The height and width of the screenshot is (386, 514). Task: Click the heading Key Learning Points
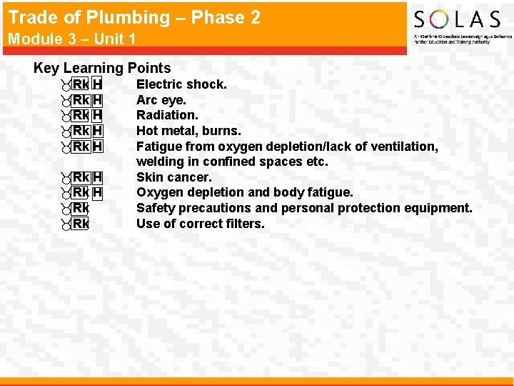tap(102, 68)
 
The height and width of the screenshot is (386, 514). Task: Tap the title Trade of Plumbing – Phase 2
tap(134, 17)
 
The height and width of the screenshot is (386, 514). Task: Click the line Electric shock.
tap(181, 84)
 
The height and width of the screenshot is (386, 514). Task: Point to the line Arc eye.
tap(161, 100)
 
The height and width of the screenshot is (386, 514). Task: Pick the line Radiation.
tap(167, 115)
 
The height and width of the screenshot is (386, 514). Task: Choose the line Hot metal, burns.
tap(188, 131)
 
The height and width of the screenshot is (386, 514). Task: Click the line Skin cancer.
tap(173, 177)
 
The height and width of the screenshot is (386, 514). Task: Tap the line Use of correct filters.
tap(200, 224)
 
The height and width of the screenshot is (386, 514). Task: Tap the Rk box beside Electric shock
tap(81, 84)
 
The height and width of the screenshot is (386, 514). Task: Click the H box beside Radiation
tap(98, 115)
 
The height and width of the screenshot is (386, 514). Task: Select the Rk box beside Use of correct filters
tap(81, 224)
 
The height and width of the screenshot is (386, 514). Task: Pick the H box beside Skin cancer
tap(98, 177)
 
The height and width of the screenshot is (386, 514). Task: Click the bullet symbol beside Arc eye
tap(66, 100)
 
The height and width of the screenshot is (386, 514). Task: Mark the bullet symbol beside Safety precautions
tap(66, 208)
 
